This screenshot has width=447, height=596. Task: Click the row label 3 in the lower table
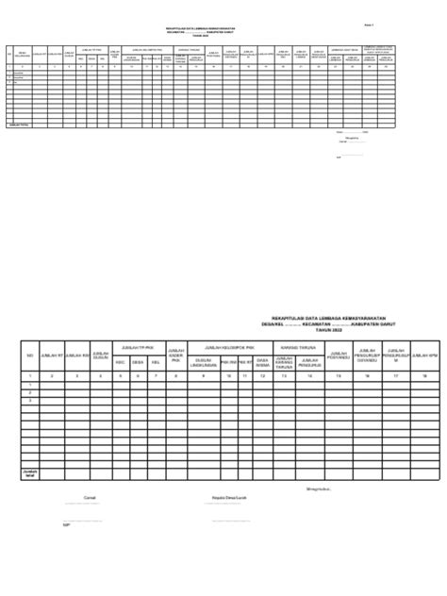30,400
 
